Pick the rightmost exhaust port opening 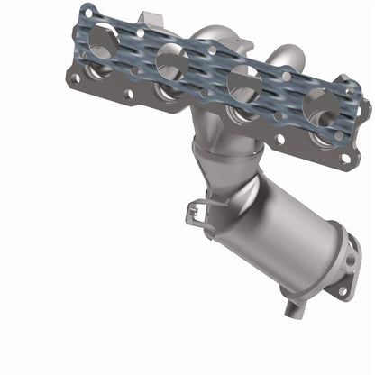coord(321,106)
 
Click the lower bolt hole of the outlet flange coord(340,290)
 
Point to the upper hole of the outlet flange coord(348,259)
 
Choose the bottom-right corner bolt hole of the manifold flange coord(343,159)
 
